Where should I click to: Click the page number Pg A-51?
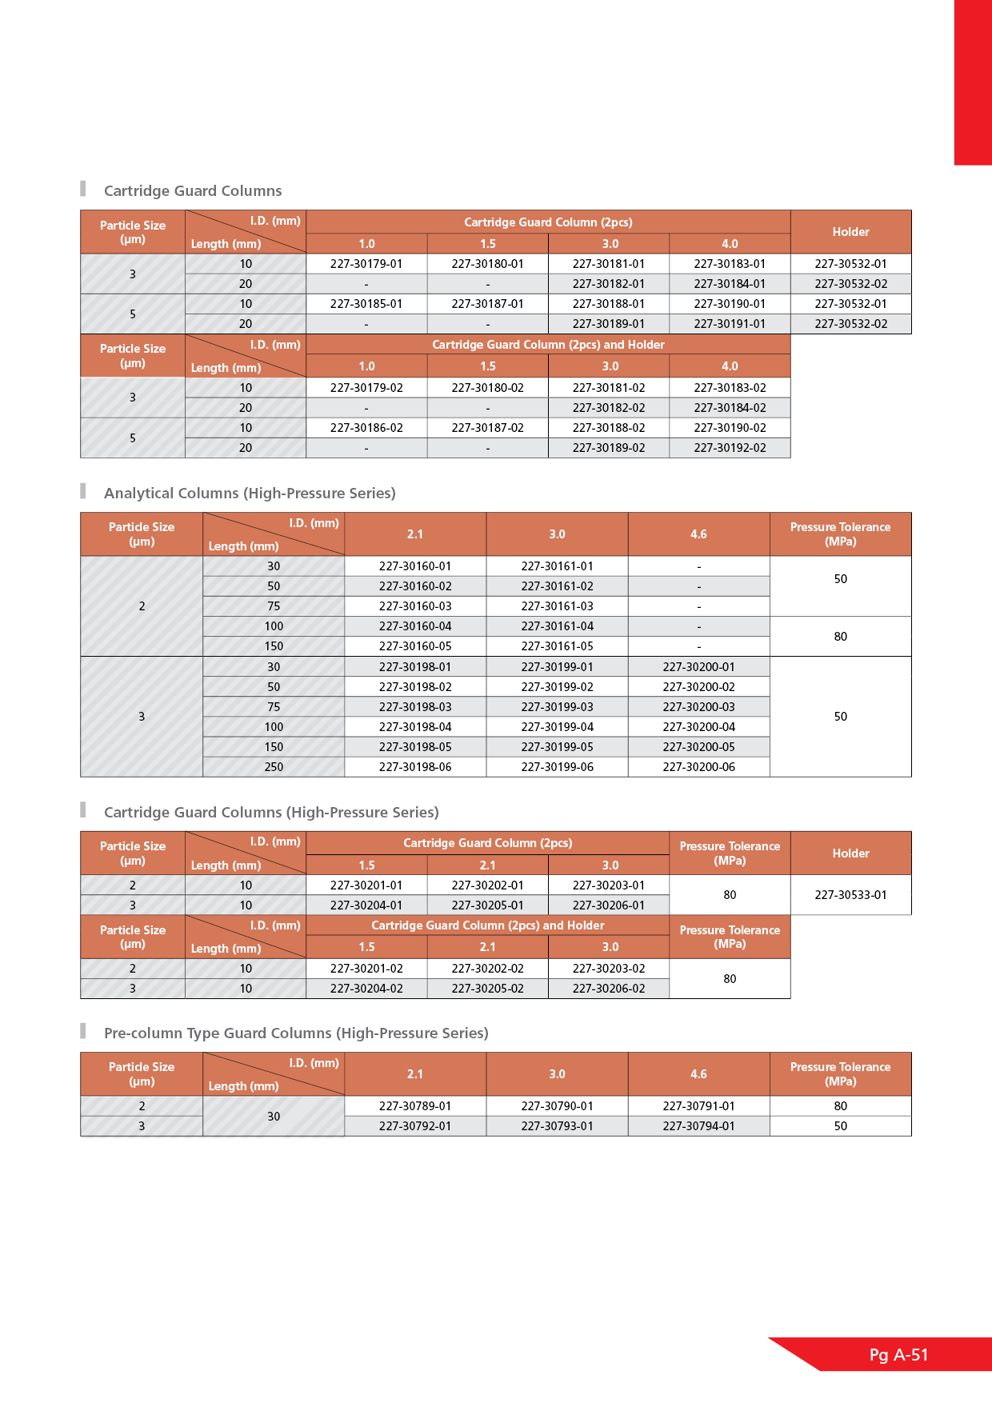[898, 1355]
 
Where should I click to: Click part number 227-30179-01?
[366, 264]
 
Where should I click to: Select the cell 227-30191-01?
[730, 324]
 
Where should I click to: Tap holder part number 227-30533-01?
[850, 895]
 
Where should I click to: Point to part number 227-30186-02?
[366, 428]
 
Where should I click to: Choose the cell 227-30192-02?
[730, 448]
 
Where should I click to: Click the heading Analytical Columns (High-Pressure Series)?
[250, 494]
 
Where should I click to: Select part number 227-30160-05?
[415, 646]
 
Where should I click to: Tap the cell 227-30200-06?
[698, 767]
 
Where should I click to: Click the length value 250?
[274, 767]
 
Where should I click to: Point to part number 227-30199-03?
[557, 707]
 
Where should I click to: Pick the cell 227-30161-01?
[557, 566]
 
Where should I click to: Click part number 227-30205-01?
[487, 905]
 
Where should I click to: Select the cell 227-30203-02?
[609, 969]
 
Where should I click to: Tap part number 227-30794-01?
[698, 1126]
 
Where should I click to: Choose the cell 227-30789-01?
[415, 1106]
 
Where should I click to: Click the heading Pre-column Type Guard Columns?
[296, 1033]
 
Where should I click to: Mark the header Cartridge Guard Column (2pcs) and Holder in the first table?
[548, 345]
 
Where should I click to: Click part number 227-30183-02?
[730, 388]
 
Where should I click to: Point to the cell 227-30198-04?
[415, 727]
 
